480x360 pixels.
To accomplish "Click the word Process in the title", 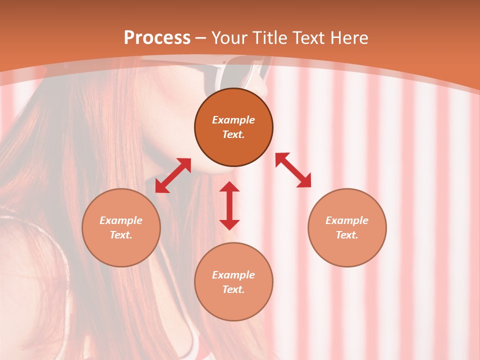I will coord(157,38).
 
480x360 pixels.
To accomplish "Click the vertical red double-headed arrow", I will coord(229,205).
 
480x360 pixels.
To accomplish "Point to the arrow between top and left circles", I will coord(173,175).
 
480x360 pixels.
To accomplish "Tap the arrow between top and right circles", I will coord(293,170).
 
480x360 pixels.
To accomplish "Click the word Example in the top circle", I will coord(233,120).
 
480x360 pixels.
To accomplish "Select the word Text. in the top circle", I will coord(233,134).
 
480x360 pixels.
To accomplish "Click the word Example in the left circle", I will coord(121,220).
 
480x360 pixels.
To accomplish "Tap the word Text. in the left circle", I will coord(121,235).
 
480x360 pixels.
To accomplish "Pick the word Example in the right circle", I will coord(347,220).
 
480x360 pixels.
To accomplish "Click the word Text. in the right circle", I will coord(347,235).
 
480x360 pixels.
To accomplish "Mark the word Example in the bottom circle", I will coord(233,275).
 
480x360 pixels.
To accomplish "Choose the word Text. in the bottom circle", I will coord(233,289).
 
